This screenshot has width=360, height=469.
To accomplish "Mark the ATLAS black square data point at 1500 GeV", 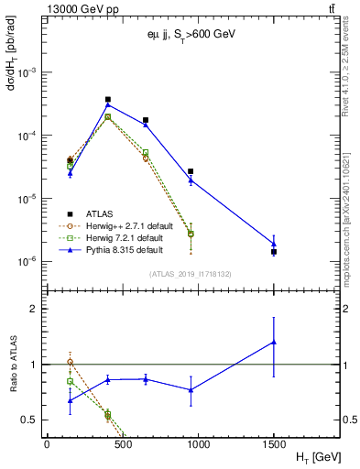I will click(x=274, y=252).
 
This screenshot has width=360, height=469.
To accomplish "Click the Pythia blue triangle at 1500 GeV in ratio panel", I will click(x=274, y=343).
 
